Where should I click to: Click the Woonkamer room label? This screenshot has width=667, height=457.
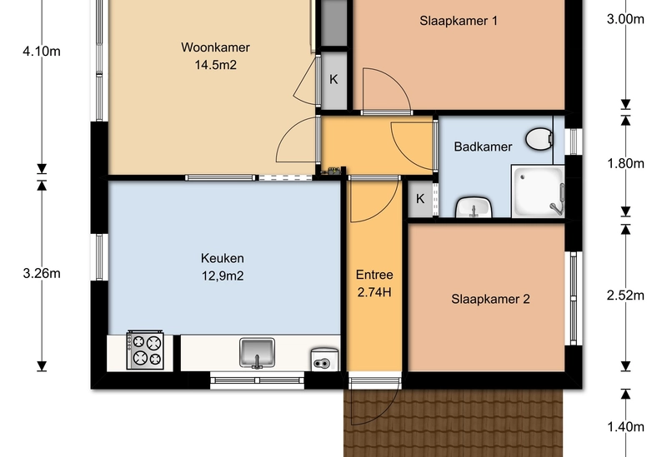[x=215, y=47]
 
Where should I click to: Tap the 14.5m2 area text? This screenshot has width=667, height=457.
[x=215, y=65]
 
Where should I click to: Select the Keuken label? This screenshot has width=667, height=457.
[x=222, y=258]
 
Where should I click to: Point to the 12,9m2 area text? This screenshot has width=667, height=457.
[x=223, y=276]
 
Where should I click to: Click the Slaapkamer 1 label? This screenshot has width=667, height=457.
[x=459, y=21]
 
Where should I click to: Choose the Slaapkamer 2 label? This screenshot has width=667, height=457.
[x=490, y=299]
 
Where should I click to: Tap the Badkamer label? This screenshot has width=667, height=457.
[x=483, y=147]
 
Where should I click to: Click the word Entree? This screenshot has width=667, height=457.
[x=374, y=275]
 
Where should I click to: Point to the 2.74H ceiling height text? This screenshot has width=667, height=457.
[x=374, y=293]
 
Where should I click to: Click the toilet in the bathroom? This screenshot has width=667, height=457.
[x=539, y=138]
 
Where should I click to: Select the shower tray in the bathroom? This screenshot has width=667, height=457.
[x=538, y=192]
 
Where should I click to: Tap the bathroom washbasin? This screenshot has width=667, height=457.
[x=474, y=207]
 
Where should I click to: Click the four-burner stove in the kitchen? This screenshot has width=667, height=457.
[x=145, y=350]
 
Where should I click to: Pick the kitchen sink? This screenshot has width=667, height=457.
[x=257, y=352]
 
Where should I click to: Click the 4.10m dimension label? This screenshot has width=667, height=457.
[x=42, y=52]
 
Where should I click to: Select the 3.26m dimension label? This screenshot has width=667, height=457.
[x=42, y=274]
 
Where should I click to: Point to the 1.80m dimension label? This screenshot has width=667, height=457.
[x=625, y=163]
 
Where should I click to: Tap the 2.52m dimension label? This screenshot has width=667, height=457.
[x=625, y=296]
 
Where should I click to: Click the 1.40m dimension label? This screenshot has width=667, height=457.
[x=625, y=427]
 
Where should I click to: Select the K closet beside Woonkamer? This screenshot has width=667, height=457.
[x=333, y=79]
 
